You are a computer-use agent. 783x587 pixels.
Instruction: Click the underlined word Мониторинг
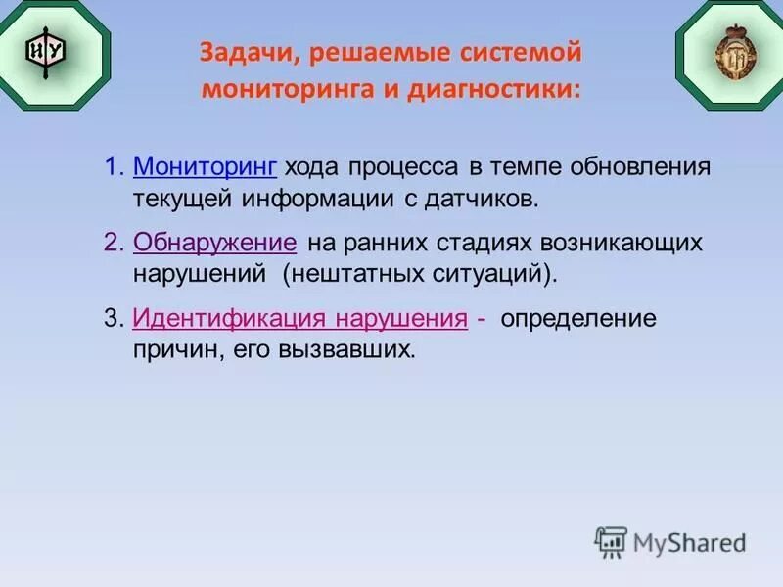point(206,166)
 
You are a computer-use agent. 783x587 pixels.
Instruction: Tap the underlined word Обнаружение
point(214,242)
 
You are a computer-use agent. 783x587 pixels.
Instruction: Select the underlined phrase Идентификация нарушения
point(299,319)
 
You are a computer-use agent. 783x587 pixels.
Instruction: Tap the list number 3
point(111,319)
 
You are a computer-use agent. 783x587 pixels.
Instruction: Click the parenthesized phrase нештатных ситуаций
point(421,273)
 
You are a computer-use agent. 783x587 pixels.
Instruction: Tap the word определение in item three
point(578,319)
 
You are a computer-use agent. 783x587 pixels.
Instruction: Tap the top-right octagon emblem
point(728,46)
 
